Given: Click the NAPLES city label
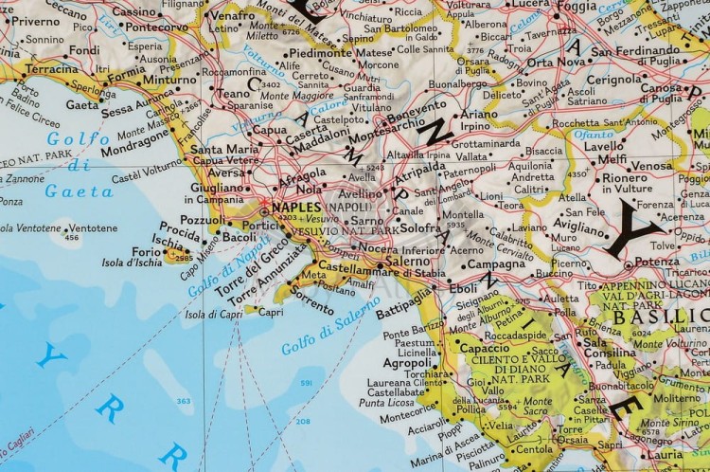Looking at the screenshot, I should coord(295,206).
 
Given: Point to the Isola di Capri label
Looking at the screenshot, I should coord(206,314).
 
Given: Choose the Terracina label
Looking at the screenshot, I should coord(39,70).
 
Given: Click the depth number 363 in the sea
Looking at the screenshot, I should coord(183,402).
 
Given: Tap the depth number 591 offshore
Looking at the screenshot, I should coord(306,382).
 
